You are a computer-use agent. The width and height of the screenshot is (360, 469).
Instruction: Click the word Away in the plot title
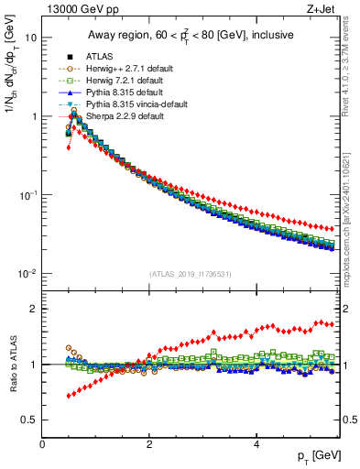pos(104,35)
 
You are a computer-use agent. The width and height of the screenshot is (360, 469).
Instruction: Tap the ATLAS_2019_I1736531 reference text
pos(191,273)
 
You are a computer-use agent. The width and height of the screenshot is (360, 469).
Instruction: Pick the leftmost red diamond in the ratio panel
pos(68,396)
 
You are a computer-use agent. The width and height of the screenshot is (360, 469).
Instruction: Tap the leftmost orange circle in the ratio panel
pos(68,348)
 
